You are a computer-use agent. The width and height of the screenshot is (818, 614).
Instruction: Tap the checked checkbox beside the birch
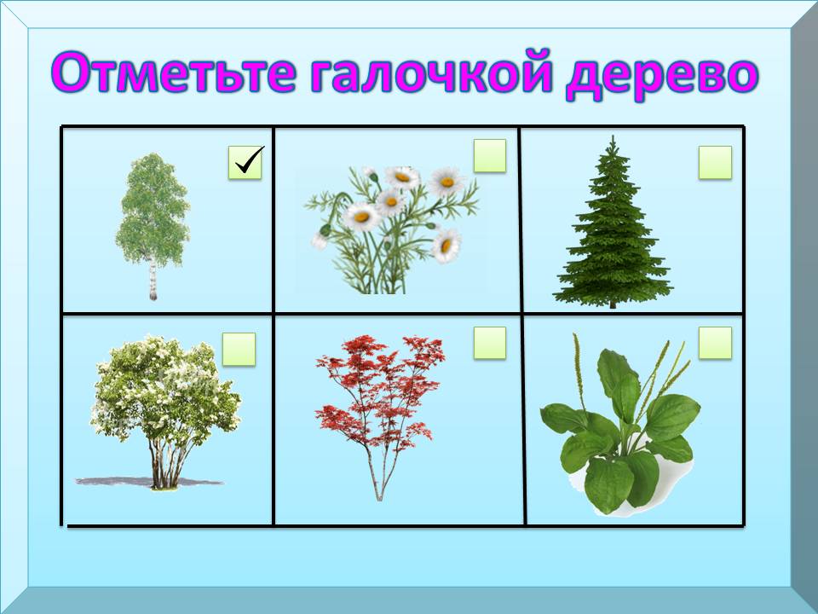pos(245,162)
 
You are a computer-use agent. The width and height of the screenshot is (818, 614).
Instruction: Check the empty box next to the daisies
pos(490,155)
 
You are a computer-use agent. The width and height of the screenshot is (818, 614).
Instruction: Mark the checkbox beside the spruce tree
pos(715,162)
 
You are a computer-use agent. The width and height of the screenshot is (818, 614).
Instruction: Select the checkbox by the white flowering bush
pos(239,349)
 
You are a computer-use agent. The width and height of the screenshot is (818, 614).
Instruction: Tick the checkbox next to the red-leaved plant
pos(490,343)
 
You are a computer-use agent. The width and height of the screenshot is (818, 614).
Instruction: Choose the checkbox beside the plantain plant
pos(715,343)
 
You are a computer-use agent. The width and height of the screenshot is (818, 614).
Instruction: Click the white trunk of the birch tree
pos(153,280)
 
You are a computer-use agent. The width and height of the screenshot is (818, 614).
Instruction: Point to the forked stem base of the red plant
pos(379,478)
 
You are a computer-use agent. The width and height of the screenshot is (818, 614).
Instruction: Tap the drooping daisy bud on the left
pos(327,229)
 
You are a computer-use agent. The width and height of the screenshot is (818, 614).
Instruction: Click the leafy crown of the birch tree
pos(153,209)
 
